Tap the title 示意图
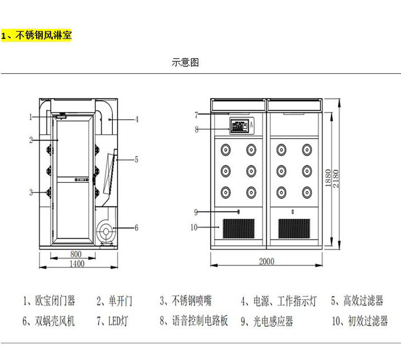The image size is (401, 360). (186, 62)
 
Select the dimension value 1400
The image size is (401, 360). (76, 264)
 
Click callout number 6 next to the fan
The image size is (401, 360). (136, 228)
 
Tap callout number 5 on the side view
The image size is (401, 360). (136, 159)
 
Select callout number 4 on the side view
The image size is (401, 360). (137, 120)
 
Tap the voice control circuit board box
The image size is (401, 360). (241, 125)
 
